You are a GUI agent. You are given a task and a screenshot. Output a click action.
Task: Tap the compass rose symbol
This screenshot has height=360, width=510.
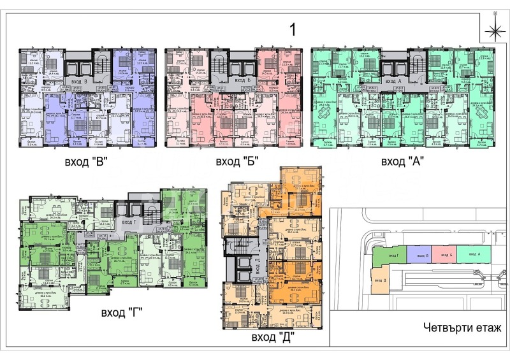pyautogui.click(x=494, y=30)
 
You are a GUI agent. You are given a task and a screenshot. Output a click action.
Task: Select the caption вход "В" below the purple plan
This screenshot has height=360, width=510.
pyautogui.click(x=85, y=162)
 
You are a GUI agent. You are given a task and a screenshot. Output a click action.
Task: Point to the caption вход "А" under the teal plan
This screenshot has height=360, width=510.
pyautogui.click(x=404, y=162)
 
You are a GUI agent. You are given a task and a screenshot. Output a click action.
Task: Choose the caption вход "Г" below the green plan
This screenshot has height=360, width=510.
pyautogui.click(x=121, y=312)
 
